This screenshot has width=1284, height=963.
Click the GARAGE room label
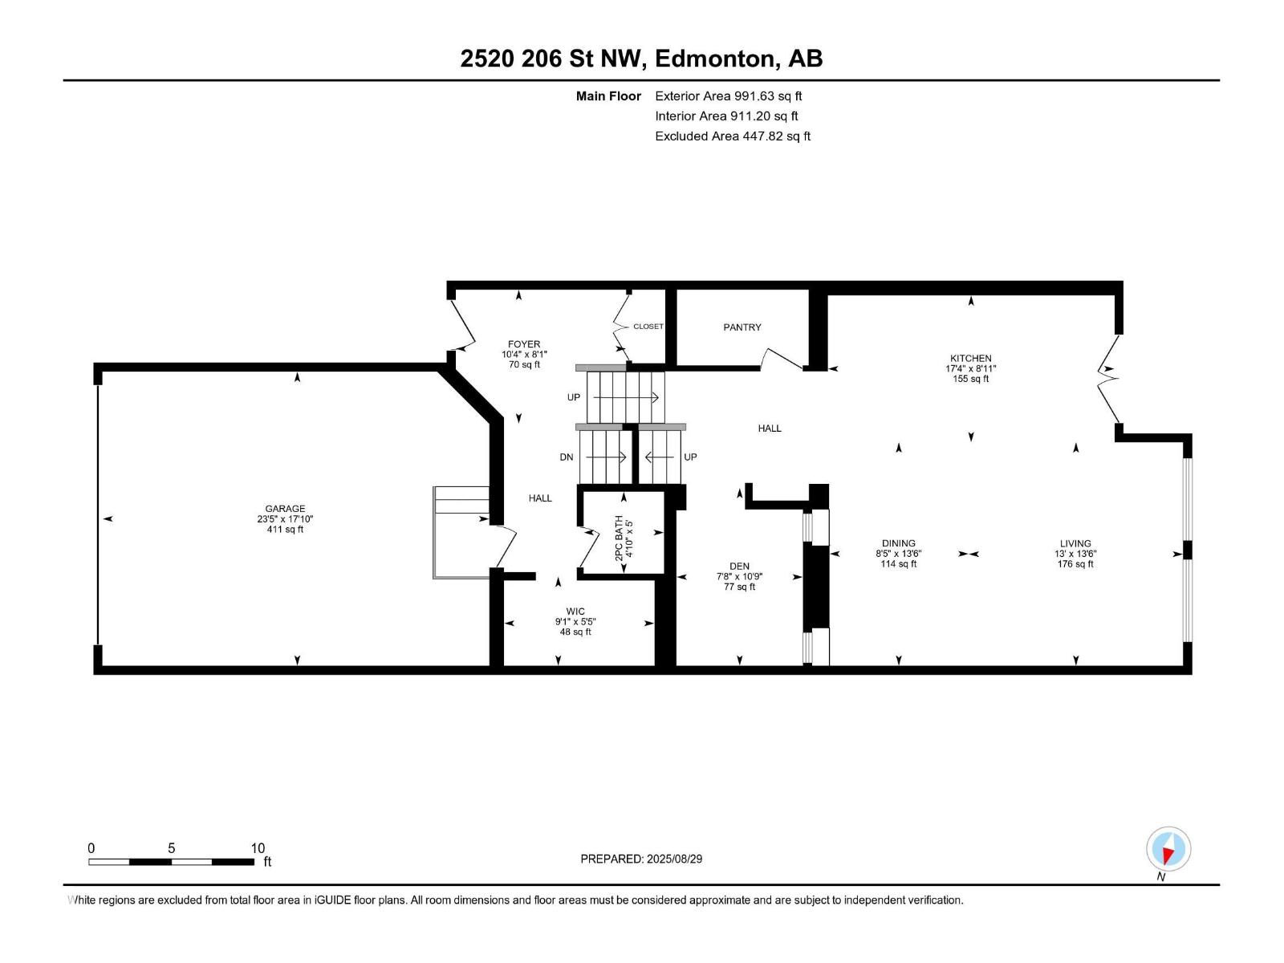coord(285,509)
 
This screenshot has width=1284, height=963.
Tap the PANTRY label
coord(742,327)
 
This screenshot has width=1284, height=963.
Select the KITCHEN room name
coord(970,359)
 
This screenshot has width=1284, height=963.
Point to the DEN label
coord(739,566)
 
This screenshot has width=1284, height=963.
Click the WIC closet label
coord(575,612)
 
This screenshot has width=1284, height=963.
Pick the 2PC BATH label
coord(619,538)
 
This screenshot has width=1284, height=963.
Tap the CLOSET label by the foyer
coord(648,327)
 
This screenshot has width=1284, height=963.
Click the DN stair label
coord(567,457)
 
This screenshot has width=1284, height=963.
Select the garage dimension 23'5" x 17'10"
coord(285,519)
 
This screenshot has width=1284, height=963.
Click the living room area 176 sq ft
coord(1075,564)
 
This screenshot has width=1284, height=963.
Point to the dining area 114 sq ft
coord(899,564)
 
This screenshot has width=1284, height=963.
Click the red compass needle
coord(1168,855)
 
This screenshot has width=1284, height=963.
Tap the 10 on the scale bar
coord(258,847)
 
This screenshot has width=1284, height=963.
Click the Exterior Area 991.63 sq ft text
coord(729,96)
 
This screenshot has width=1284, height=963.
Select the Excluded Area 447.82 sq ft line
coord(733,136)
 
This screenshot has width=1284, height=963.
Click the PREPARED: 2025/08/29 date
coord(641,859)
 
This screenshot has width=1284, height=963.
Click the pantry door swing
coord(782,359)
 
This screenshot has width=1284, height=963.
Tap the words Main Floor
coord(608,96)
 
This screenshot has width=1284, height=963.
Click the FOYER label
coord(523,344)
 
